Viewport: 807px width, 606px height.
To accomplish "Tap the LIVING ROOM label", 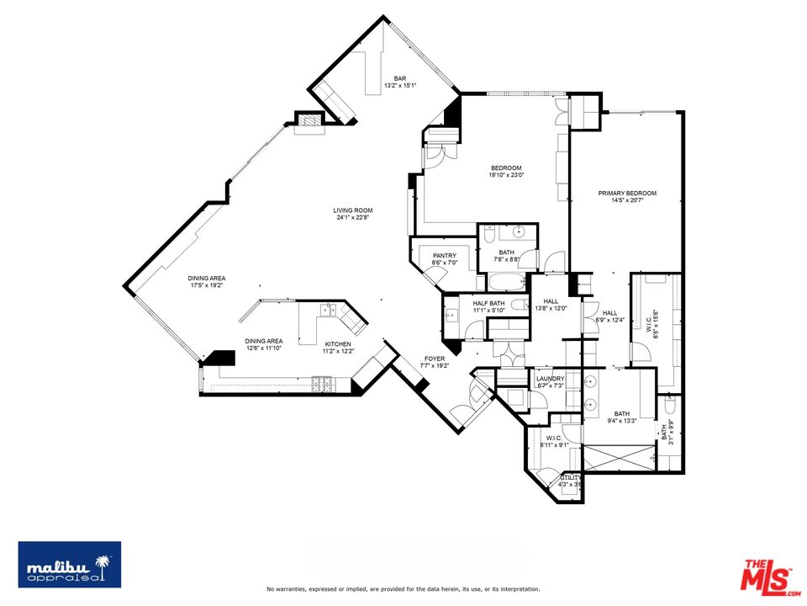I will tap(352, 210).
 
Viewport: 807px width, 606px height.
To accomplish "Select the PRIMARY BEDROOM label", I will tap(627, 194).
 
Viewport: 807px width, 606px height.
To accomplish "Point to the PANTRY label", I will tap(444, 256).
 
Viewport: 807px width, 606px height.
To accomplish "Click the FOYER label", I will tap(434, 359).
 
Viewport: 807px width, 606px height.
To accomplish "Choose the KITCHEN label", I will tap(339, 344).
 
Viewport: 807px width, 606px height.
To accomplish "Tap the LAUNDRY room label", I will tap(550, 379).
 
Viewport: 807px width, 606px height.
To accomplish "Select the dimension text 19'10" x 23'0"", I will tap(506, 175).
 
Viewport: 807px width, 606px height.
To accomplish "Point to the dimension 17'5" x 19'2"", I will tap(206, 285).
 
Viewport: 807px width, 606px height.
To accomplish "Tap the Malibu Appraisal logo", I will tap(70, 564).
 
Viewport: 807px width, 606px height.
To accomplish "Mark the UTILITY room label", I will tap(570, 477).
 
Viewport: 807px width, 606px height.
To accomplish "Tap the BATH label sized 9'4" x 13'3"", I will tap(621, 413).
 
